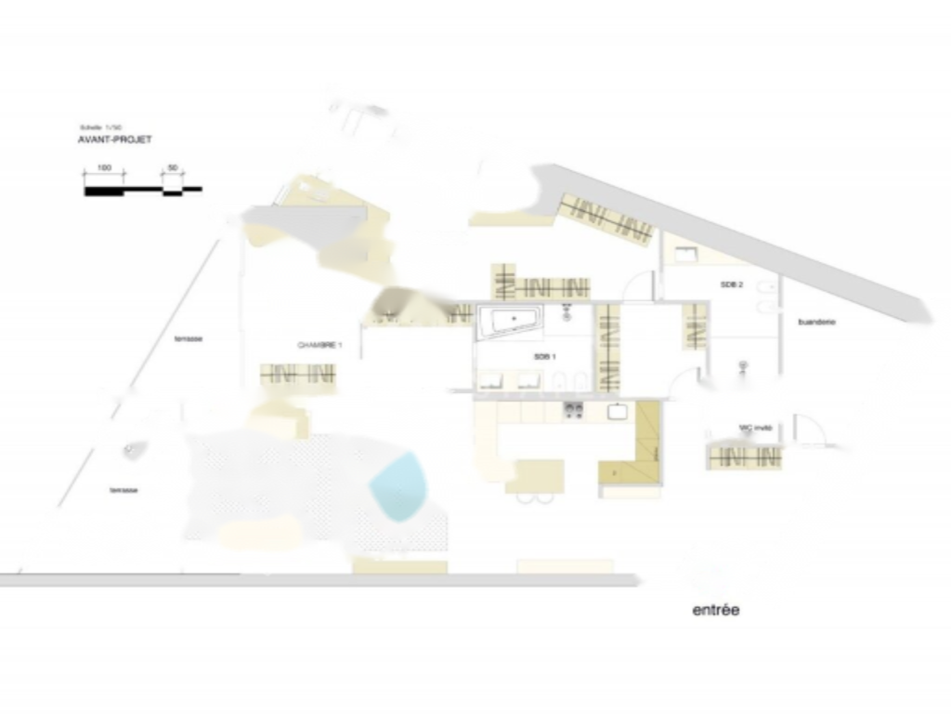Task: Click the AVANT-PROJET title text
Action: click(x=115, y=139)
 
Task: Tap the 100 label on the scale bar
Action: click(x=105, y=167)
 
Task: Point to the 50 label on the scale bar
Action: click(x=172, y=167)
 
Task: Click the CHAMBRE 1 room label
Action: click(x=319, y=345)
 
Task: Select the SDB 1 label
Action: click(x=544, y=356)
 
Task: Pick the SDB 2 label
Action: click(x=732, y=284)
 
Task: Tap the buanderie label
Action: click(x=817, y=322)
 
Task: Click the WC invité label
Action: click(x=755, y=429)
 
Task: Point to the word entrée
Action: click(x=716, y=611)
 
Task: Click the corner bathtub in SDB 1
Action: click(x=510, y=322)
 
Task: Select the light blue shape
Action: click(x=398, y=484)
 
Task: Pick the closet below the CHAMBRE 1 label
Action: click(x=297, y=375)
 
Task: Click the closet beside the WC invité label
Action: click(x=744, y=456)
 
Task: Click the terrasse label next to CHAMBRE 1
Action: click(x=189, y=339)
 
